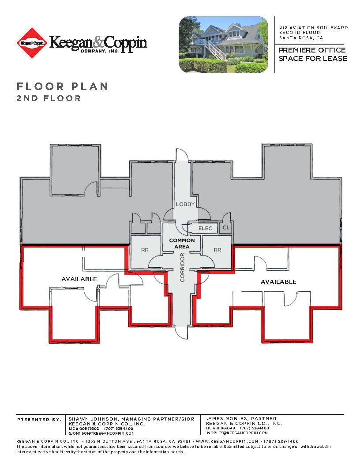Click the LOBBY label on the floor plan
[185, 204]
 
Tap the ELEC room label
[206, 228]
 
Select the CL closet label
[226, 228]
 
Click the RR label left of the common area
[145, 250]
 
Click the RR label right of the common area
[217, 250]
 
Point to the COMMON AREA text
[182, 243]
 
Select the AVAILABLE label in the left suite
[79, 279]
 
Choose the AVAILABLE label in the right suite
[278, 282]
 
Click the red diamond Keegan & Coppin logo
[32, 43]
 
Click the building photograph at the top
[223, 45]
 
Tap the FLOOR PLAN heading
[62, 86]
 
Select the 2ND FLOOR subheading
[49, 98]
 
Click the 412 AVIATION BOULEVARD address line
[313, 28]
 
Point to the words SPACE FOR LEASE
[313, 59]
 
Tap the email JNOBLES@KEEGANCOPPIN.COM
[237, 433]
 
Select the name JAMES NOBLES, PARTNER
[241, 418]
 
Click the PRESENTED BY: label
[39, 419]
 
